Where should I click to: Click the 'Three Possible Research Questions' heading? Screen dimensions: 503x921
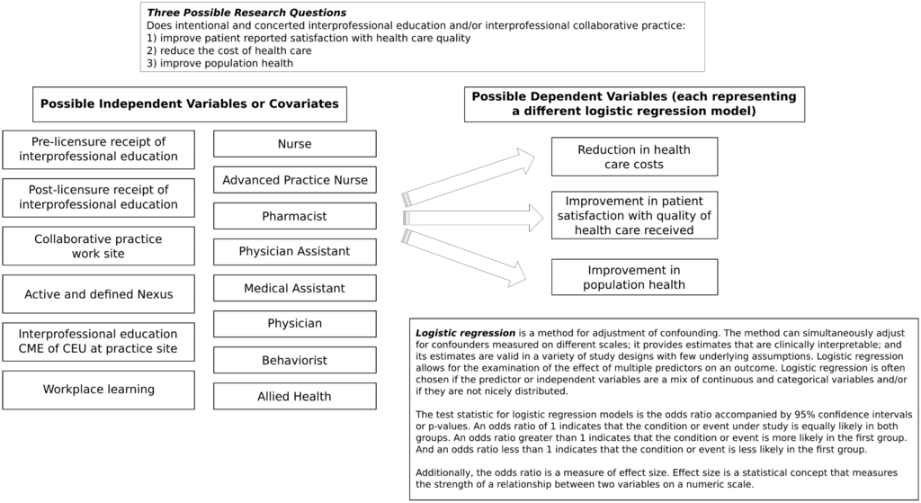(246, 13)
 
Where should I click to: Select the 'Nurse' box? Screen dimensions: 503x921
(294, 144)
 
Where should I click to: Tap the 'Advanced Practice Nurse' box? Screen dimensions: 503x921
(294, 180)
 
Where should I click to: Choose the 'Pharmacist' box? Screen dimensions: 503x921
(294, 216)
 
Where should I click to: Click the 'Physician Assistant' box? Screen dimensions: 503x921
(294, 252)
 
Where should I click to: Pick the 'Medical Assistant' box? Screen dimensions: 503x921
(294, 288)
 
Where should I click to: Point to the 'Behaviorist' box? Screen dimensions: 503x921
(294, 360)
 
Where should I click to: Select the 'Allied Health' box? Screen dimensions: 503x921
(294, 396)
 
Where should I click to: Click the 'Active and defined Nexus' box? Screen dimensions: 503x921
(98, 294)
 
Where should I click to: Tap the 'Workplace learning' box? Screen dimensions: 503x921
(98, 390)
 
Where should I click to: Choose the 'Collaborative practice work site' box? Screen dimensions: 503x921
(98, 247)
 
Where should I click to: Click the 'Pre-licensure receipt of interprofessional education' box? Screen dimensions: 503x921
(98, 149)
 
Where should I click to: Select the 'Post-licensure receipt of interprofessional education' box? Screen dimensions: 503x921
(98, 197)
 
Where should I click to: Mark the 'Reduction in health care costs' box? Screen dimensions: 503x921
(634, 157)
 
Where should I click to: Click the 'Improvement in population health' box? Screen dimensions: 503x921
(634, 277)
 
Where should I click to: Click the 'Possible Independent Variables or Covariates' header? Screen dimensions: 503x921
(190, 104)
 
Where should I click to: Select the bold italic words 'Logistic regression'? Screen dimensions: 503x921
(465, 333)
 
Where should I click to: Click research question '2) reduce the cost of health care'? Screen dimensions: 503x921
(228, 51)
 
